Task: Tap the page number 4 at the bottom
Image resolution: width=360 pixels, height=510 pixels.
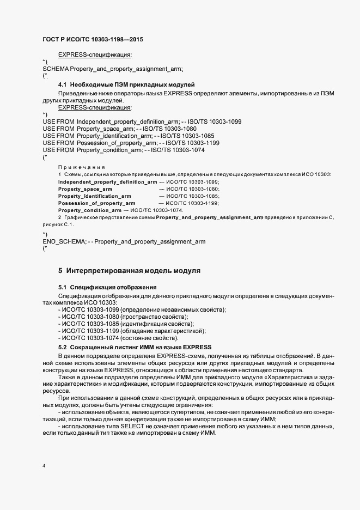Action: [44, 466]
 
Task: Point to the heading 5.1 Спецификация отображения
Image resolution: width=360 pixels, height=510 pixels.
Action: [108, 287]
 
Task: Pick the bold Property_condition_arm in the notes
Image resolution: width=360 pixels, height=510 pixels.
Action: [90, 210]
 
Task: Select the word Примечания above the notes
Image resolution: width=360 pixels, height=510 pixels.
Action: [82, 167]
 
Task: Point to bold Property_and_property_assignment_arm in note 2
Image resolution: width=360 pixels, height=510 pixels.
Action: [210, 217]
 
